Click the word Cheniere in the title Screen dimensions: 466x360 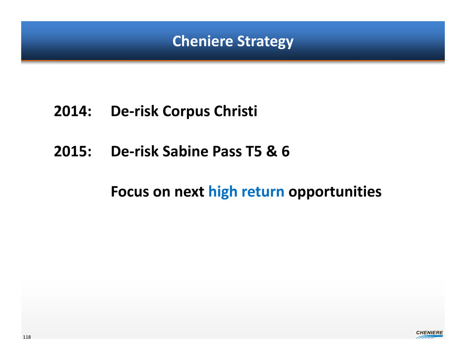203,41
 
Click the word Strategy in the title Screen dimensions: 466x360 265,41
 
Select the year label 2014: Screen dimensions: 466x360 73,111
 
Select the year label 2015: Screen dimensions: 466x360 73,151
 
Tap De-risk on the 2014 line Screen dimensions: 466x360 135,111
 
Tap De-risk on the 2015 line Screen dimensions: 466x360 135,151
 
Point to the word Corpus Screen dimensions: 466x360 186,112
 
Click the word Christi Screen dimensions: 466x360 235,111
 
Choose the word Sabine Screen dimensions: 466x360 185,151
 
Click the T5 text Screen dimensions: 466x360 254,151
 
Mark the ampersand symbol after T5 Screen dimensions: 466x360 272,151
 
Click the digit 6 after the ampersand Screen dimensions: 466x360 286,151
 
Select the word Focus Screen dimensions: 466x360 130,191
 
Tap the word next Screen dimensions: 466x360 189,192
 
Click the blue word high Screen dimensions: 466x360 223,192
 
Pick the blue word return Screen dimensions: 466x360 263,192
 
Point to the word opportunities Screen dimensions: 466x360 335,192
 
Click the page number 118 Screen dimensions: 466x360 27,337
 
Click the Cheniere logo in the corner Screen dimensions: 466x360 429,334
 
